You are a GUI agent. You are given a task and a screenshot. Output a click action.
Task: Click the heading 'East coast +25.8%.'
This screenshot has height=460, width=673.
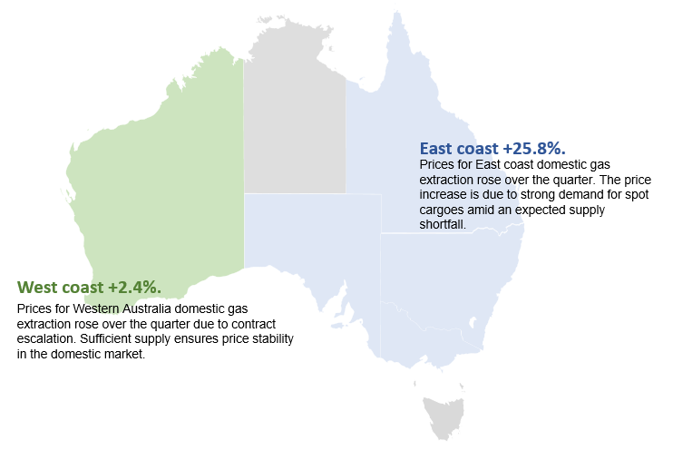coord(493,147)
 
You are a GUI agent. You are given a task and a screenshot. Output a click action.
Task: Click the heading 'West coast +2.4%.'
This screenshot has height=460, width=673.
coord(89,287)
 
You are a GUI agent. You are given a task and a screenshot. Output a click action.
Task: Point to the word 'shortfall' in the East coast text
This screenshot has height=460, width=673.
coord(442,225)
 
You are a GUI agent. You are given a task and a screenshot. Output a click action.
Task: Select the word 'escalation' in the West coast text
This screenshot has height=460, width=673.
coord(46,339)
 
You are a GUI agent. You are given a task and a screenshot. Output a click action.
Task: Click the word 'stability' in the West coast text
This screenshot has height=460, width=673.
coord(273,339)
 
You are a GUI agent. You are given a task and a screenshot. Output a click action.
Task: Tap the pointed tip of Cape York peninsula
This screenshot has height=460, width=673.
coord(396,15)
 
